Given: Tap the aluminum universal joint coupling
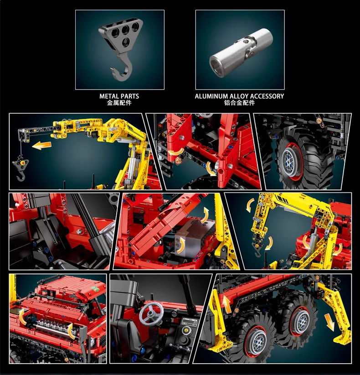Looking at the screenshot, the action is point(241,53).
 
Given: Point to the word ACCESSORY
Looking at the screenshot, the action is point(267,96).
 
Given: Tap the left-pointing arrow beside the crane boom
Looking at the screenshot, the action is point(41,146).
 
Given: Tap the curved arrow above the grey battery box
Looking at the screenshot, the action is point(205,215).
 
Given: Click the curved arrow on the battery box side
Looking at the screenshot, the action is point(181,245).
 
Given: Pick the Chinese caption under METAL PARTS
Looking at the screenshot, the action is point(119,103).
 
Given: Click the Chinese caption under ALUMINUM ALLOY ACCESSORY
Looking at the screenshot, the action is point(239,103).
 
